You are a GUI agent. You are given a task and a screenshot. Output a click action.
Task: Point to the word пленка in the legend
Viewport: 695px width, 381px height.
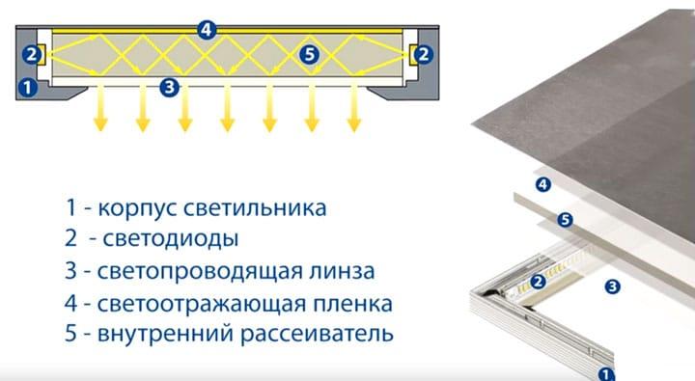(x=349, y=304)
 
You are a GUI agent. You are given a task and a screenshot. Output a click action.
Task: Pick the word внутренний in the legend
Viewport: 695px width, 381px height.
(x=165, y=336)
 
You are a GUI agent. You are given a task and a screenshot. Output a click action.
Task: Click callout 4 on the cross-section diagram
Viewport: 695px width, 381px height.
(x=205, y=29)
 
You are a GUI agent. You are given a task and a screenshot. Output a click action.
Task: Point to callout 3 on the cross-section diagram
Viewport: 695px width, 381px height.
(x=170, y=88)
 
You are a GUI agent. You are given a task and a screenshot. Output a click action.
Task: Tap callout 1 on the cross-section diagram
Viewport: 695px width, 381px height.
(x=29, y=88)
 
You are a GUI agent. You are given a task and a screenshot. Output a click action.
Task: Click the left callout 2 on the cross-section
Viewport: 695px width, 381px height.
(x=32, y=54)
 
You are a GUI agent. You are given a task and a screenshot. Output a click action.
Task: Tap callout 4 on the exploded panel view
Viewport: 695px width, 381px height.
(x=542, y=183)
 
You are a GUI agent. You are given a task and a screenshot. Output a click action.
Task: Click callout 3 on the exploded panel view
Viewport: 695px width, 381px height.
(x=610, y=286)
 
